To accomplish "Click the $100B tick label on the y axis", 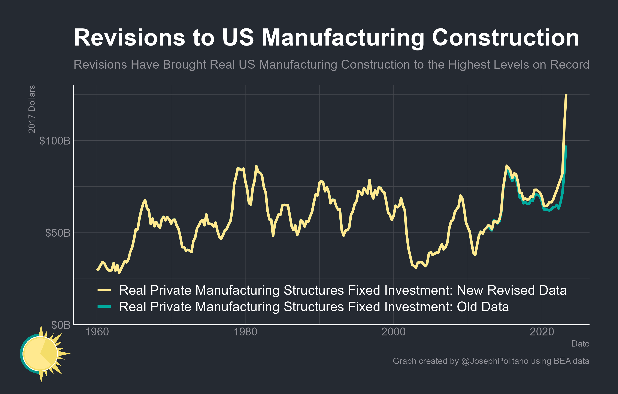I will (55, 141).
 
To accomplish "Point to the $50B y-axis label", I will (57, 233).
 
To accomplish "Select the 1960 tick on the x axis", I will (97, 332).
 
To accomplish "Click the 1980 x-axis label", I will (245, 332).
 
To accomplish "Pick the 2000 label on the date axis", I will (393, 332).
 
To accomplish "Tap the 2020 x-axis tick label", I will (542, 332).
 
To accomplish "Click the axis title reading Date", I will (580, 344).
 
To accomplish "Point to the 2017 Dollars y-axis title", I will (31, 109).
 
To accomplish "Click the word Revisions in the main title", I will (129, 38).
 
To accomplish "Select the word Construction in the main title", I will (505, 38).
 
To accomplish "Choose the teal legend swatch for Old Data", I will (104, 307).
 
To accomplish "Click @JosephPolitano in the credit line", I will (495, 361).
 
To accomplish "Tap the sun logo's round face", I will (40, 354).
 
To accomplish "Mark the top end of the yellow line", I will (566, 95).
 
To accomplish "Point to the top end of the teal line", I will (566, 146).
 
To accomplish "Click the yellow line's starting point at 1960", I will (97, 270).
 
